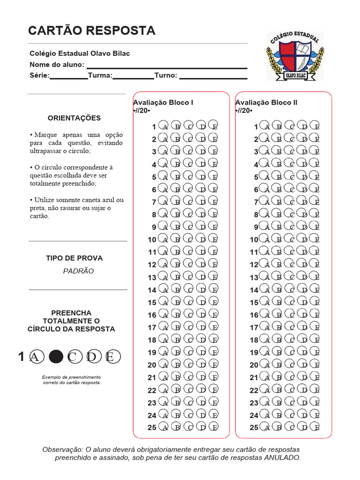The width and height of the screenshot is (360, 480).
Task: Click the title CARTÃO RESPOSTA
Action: click(x=91, y=31)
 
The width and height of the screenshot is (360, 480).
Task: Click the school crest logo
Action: click(x=295, y=56)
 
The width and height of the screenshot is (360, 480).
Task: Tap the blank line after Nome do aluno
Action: click(x=167, y=65)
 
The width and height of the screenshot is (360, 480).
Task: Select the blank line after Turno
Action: click(x=213, y=75)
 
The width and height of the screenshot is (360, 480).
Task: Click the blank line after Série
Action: click(x=69, y=75)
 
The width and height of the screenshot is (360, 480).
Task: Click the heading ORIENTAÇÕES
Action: click(x=74, y=118)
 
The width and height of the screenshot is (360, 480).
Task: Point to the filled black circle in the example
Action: click(x=56, y=357)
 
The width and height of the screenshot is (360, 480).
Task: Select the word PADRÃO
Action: click(x=78, y=271)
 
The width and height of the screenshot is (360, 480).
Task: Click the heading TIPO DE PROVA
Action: click(x=74, y=258)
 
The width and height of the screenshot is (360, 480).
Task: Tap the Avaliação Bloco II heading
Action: click(x=266, y=103)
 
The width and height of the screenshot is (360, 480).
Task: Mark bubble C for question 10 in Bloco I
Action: click(x=188, y=239)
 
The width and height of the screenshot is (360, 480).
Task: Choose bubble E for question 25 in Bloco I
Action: click(x=213, y=427)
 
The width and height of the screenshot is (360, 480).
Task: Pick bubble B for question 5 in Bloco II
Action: click(x=277, y=177)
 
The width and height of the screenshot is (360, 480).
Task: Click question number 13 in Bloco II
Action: click(x=254, y=277)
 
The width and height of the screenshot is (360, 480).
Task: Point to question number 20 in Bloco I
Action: click(x=152, y=365)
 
